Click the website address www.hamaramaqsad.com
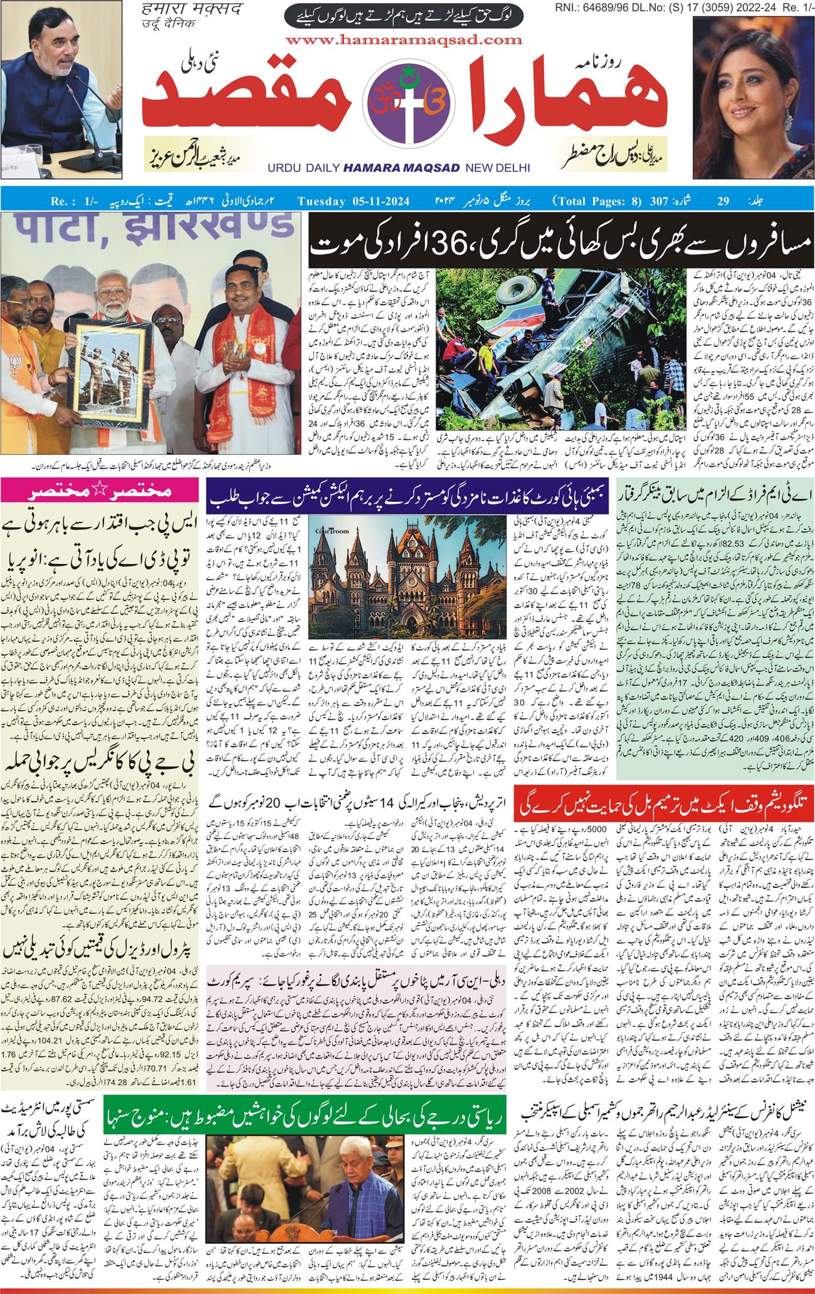[407, 39]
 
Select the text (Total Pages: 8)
[597, 201]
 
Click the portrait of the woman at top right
[752, 94]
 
